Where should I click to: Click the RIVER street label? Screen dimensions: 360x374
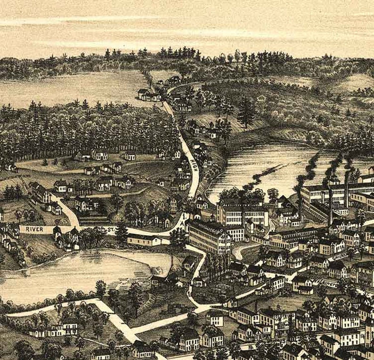coord(34,229)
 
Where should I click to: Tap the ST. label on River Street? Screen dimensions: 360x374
coord(111,230)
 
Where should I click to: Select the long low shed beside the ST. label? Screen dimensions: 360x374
coord(144,240)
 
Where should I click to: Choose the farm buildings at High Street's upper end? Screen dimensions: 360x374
coord(149,95)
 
